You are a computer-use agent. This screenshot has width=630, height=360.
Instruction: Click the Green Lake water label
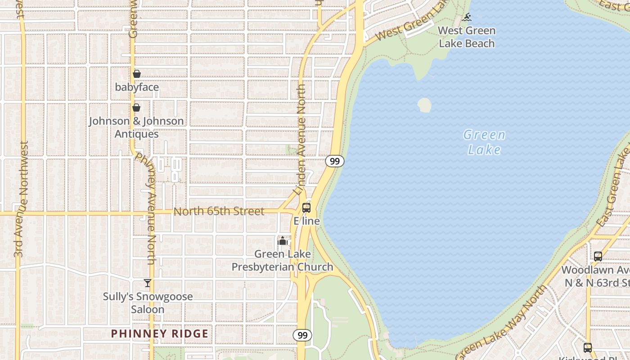(x=484, y=142)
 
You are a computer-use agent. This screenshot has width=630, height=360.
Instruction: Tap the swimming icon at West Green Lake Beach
(x=467, y=18)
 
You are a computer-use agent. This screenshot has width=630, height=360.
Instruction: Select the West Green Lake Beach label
(x=467, y=37)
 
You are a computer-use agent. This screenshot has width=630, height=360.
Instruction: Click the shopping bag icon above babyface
(x=137, y=74)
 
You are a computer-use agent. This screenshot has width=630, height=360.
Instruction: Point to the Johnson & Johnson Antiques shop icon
(x=136, y=108)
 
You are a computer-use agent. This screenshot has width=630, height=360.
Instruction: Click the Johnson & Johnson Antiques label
(x=136, y=127)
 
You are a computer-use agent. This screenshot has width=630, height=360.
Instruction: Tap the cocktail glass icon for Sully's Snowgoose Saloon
(x=148, y=283)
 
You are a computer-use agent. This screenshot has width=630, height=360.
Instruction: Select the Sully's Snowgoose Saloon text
(x=148, y=303)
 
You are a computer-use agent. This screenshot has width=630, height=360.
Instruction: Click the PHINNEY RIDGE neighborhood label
(x=160, y=333)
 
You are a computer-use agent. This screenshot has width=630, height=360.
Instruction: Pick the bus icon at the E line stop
(x=306, y=208)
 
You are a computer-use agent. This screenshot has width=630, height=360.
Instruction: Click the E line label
(x=307, y=221)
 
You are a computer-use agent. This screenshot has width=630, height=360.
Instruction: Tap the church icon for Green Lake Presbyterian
(x=283, y=241)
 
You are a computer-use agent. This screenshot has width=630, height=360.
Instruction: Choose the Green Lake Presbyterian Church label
(x=283, y=261)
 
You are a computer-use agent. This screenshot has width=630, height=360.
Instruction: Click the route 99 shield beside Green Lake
(x=334, y=161)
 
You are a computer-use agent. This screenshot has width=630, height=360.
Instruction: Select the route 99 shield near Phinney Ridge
(x=302, y=335)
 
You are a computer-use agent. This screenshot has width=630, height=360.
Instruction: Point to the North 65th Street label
(x=219, y=211)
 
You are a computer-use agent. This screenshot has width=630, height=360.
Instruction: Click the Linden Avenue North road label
(x=301, y=139)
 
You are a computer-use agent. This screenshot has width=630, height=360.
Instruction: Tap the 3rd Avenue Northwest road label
(x=21, y=199)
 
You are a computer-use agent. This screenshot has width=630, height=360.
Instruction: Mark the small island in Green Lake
(x=424, y=105)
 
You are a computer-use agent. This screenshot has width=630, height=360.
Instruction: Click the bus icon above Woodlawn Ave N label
(x=598, y=256)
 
